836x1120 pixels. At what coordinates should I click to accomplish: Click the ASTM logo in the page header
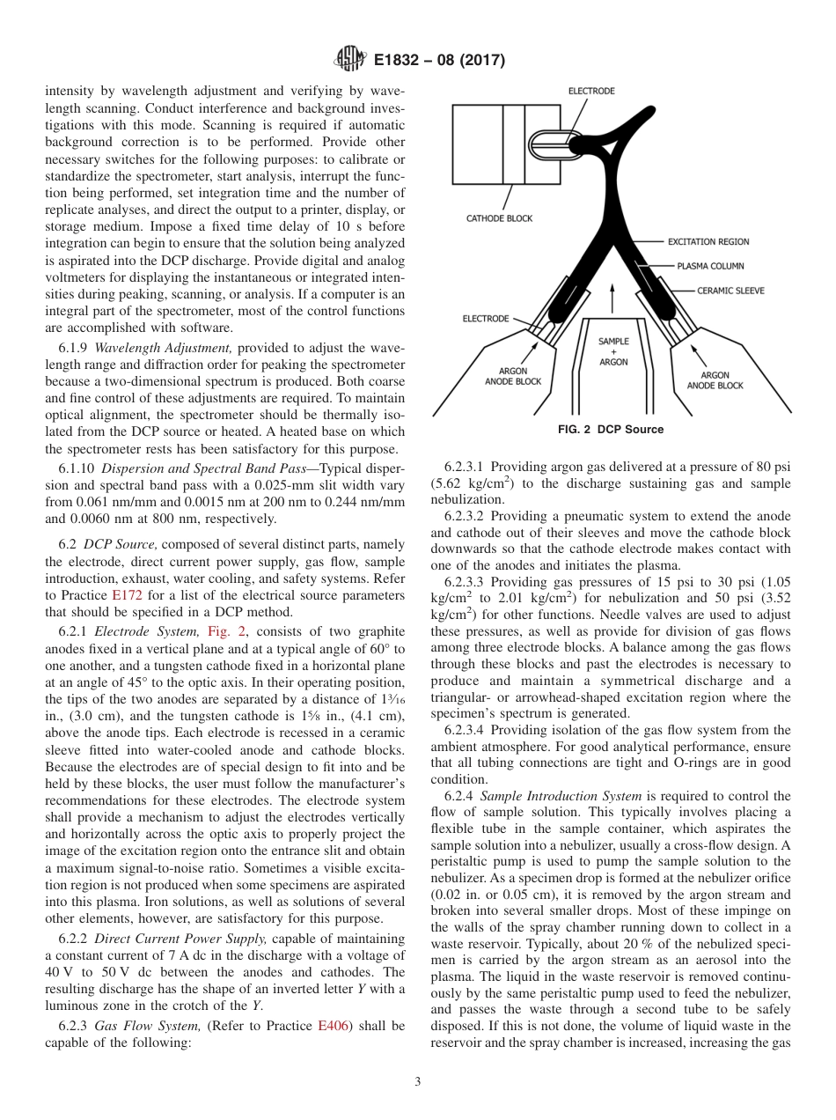coord(349,61)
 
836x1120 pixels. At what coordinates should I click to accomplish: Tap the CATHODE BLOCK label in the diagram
coord(499,218)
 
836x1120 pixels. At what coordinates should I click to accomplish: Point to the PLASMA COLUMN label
coord(710,265)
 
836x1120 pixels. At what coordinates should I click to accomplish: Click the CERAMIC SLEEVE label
coord(730,290)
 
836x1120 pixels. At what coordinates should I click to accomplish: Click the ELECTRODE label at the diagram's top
coord(591,91)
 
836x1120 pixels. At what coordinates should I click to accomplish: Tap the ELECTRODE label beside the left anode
coord(485,318)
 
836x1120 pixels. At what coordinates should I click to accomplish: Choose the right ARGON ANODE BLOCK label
coord(715,380)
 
